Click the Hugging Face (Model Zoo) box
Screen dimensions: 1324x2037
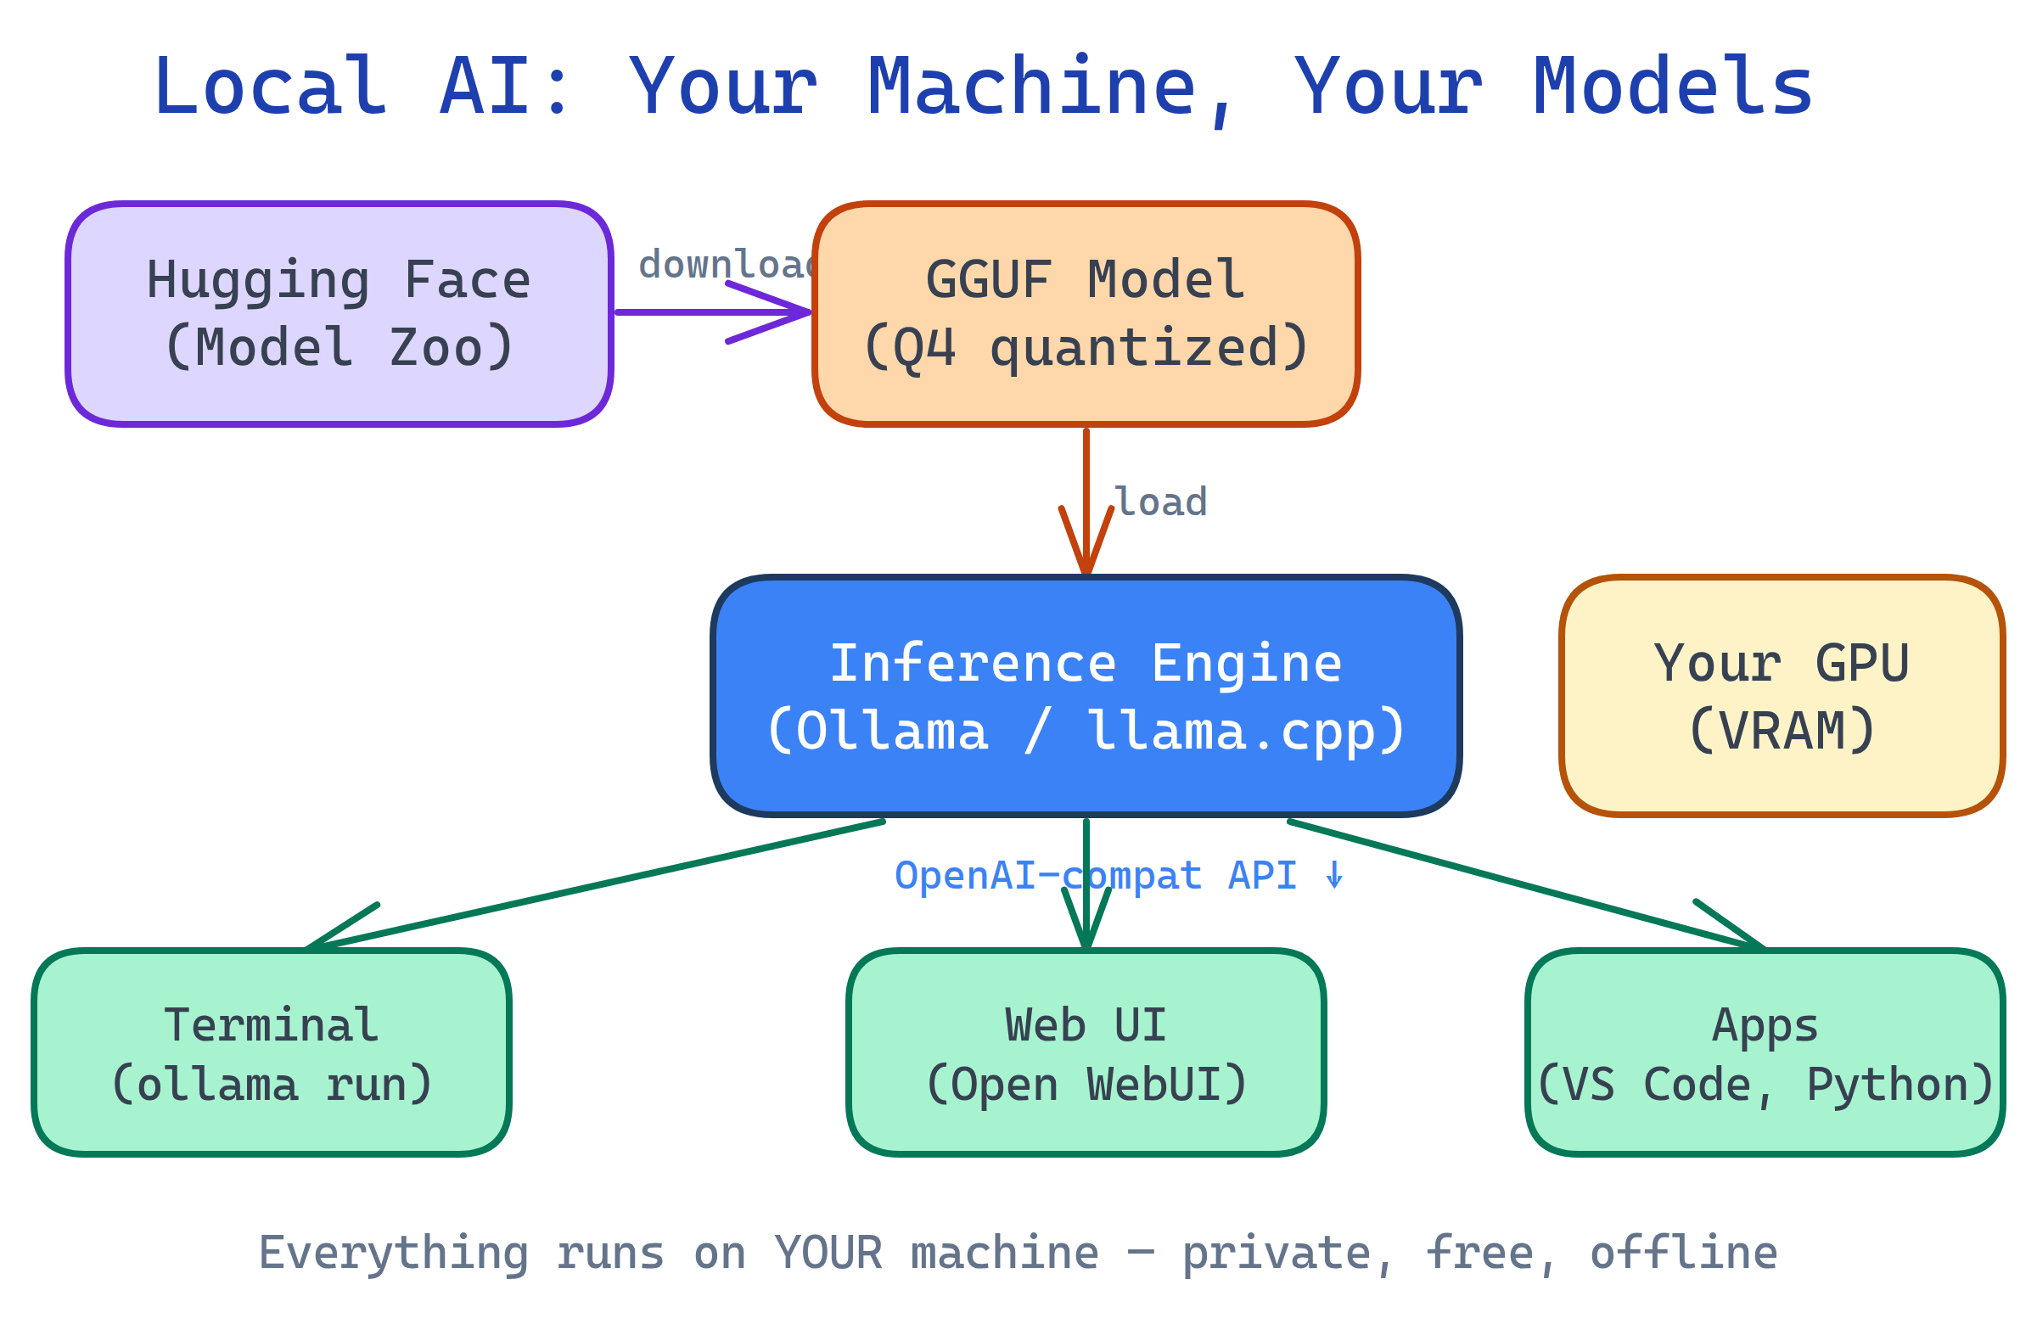point(339,314)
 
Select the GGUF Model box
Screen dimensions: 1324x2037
point(1086,314)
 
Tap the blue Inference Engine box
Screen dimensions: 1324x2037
point(1086,697)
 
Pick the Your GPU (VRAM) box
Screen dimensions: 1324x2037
point(1782,697)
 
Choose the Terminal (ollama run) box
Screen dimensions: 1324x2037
point(272,1053)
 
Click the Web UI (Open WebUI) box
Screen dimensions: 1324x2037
point(1086,1053)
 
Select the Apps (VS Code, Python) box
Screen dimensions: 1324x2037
point(1765,1053)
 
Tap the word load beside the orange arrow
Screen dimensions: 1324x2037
point(1161,503)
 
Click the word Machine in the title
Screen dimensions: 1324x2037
point(1031,87)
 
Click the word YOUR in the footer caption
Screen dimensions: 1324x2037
point(828,1254)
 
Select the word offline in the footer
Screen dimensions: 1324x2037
point(1684,1254)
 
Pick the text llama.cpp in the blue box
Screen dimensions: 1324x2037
point(1245,732)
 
